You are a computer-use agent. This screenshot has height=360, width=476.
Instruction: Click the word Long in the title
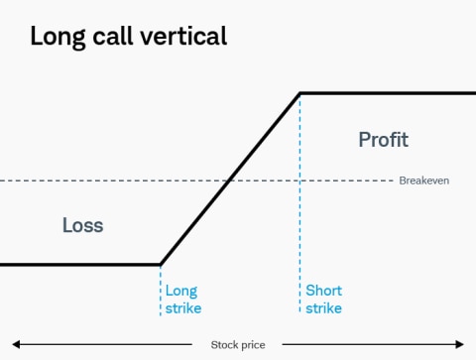[x=58, y=37]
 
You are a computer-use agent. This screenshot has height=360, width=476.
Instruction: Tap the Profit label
[x=383, y=140]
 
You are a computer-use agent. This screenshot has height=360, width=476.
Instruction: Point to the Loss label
[x=82, y=225]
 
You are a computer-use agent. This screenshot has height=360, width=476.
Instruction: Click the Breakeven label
[x=423, y=180]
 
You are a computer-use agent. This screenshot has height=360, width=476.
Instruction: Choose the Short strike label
[x=324, y=300]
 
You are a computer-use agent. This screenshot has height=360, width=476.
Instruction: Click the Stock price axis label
[x=239, y=345]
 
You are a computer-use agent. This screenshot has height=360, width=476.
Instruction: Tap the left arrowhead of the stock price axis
[x=15, y=345]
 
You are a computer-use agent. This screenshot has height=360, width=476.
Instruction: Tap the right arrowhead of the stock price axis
[x=460, y=345]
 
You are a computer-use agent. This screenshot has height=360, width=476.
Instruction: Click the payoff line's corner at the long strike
[x=161, y=265]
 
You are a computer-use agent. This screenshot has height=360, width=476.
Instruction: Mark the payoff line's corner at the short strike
[x=300, y=93]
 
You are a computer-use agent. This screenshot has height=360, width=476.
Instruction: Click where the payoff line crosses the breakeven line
[x=230, y=180]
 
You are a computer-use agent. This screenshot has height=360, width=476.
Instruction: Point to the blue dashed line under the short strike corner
[x=300, y=198]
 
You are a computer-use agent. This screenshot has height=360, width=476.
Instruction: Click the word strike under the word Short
[x=324, y=308]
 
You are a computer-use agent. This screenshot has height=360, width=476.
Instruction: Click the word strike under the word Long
[x=183, y=308]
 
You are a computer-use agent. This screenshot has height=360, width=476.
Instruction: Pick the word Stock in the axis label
[x=225, y=345]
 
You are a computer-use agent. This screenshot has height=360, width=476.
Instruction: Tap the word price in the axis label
[x=254, y=345]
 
